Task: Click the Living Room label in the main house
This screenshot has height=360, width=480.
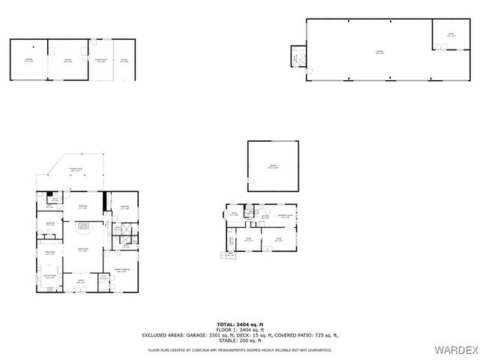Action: [83, 250]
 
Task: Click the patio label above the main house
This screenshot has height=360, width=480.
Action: [76, 170]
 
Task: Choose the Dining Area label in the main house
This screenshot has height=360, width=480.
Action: [50, 253]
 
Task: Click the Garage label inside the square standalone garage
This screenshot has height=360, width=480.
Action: [273, 167]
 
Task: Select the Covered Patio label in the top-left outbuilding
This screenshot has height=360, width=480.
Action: [100, 60]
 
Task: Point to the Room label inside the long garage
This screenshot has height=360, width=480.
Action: [451, 34]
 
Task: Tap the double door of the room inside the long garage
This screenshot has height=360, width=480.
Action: [442, 47]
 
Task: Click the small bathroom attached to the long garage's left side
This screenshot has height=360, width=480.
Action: [298, 56]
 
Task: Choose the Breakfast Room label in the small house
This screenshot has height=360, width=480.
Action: [285, 217]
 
